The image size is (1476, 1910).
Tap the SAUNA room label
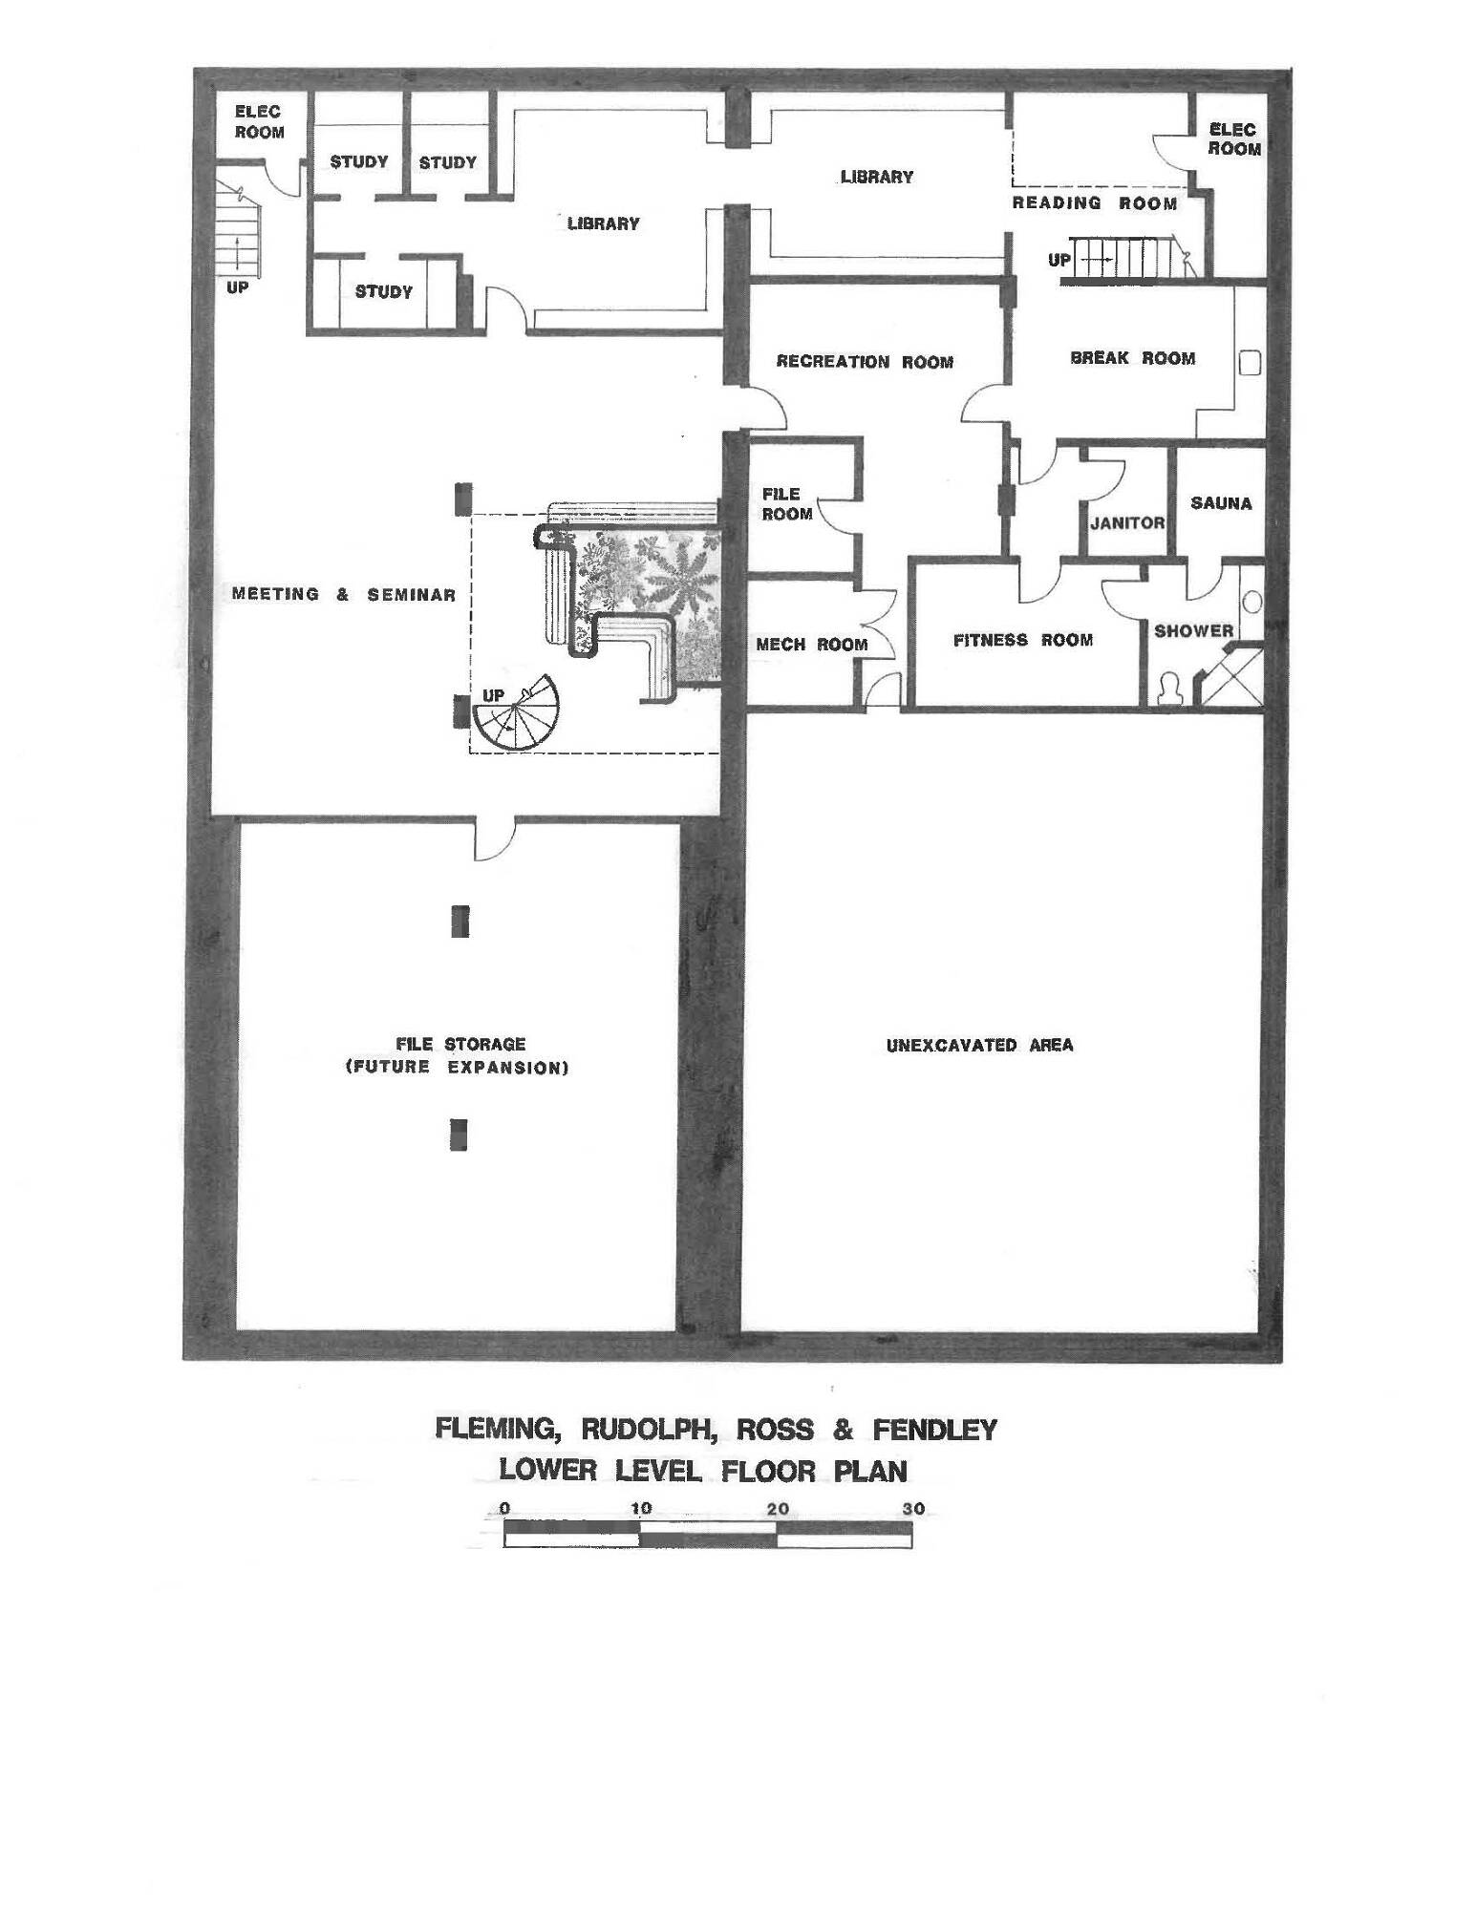(1221, 502)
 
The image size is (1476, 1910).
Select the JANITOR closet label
(1127, 523)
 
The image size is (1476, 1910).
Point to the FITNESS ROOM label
(1023, 640)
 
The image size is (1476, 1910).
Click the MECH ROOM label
(812, 645)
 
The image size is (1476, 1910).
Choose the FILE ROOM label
(787, 503)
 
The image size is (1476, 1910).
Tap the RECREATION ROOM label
(865, 362)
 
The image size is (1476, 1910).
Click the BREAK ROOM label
(1132, 358)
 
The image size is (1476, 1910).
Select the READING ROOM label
(1095, 202)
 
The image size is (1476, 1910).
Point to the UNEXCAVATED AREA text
(980, 1045)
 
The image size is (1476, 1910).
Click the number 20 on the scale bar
(778, 1510)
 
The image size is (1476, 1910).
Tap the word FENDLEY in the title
(935, 1430)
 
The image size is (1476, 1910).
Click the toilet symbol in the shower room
(1167, 690)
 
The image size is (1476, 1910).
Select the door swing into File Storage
(496, 838)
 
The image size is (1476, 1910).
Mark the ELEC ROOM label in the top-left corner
(259, 122)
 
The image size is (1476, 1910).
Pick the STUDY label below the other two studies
(384, 291)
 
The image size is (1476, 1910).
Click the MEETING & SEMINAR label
(344, 594)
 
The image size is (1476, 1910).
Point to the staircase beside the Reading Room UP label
(1127, 260)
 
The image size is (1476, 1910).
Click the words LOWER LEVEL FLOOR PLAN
(703, 1470)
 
